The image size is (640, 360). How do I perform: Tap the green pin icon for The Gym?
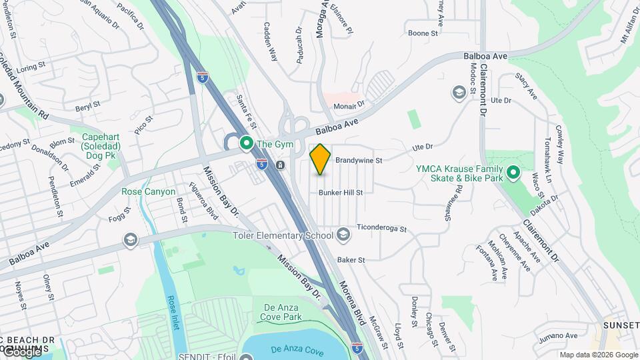(x=246, y=143)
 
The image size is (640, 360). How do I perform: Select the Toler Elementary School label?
(x=283, y=235)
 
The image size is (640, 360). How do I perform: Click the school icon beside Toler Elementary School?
(x=343, y=234)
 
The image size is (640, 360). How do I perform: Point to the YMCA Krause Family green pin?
(x=513, y=173)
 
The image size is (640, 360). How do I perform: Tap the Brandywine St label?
(x=358, y=161)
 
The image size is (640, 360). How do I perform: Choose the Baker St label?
(x=351, y=259)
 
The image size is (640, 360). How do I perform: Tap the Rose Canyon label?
(x=148, y=192)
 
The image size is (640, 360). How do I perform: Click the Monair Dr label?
(x=349, y=104)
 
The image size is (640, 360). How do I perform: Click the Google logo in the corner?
(x=21, y=351)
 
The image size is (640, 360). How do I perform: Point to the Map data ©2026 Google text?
(x=599, y=355)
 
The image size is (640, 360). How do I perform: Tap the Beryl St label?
(x=87, y=105)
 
